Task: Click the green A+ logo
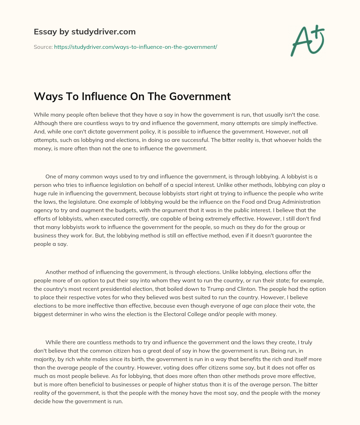[307, 41]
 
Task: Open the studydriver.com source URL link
[135, 47]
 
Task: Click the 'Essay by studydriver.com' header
[84, 32]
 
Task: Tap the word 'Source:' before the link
[43, 47]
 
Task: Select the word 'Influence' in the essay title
[104, 96]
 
